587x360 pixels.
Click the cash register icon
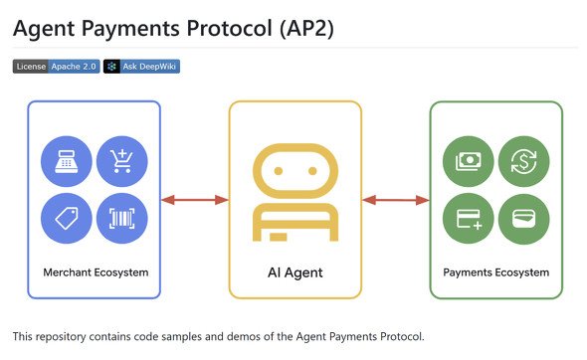[67, 161]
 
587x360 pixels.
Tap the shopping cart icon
[122, 161]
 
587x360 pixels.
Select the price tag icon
[67, 218]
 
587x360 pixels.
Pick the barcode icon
[122, 218]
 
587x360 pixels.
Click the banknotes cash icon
[468, 161]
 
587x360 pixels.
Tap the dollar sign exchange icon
[523, 161]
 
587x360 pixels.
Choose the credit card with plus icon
[468, 219]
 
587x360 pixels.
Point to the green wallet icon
[523, 219]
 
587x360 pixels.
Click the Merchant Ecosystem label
[96, 272]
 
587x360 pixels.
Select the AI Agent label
[295, 272]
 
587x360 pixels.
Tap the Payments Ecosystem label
[496, 272]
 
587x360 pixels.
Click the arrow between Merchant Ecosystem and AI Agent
[195, 200]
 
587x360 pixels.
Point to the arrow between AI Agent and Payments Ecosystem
[396, 200]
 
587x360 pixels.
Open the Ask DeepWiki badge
[141, 67]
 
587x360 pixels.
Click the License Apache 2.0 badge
[56, 67]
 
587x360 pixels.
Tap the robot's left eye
[279, 171]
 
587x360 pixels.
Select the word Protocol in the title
[230, 29]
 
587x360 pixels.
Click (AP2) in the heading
[306, 29]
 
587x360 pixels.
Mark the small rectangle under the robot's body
[279, 237]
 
